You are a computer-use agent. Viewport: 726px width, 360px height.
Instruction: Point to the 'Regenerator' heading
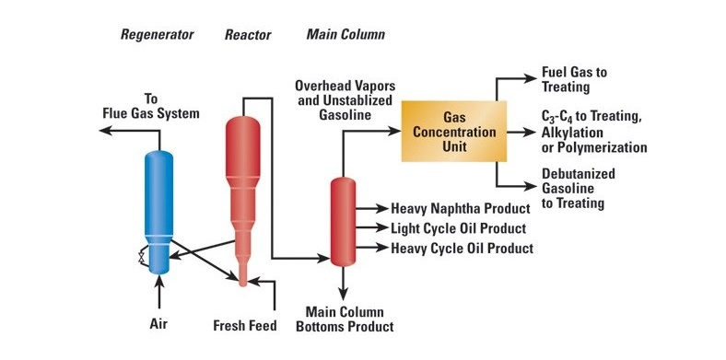click(x=158, y=35)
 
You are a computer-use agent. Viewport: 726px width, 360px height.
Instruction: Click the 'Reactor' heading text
click(x=247, y=35)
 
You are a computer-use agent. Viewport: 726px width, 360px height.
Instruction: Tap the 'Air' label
click(x=160, y=324)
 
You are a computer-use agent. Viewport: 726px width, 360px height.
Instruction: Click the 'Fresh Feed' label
click(x=245, y=325)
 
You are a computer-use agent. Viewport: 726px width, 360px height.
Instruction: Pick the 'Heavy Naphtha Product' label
click(x=460, y=209)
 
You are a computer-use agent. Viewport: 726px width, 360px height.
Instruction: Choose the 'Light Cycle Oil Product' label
click(x=458, y=228)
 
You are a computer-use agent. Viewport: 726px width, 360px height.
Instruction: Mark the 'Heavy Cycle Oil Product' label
click(x=462, y=248)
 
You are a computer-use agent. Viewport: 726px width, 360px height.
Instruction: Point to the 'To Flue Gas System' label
click(x=156, y=106)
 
